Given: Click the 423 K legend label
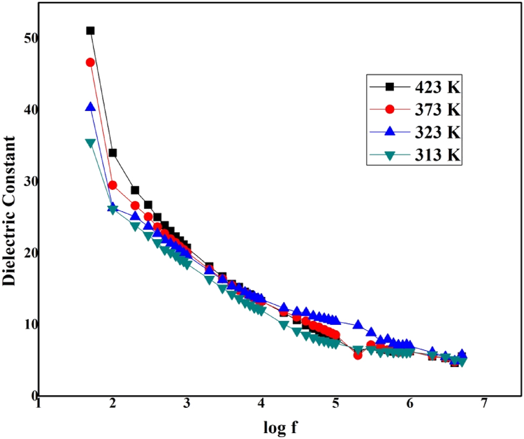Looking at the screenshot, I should [x=437, y=87].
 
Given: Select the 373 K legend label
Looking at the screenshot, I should [x=437, y=110].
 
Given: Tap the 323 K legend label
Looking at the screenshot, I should [x=437, y=133].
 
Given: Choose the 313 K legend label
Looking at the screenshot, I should [x=437, y=155].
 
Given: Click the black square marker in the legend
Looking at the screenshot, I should [x=391, y=87].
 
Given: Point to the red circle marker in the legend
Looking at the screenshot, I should [x=391, y=109].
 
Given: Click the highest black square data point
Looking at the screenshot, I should [x=90, y=31].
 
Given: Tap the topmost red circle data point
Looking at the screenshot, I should [x=90, y=62].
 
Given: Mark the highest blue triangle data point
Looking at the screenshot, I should [x=90, y=107].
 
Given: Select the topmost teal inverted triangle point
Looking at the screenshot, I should [x=90, y=143].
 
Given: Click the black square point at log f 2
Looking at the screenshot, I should [x=112, y=153].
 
